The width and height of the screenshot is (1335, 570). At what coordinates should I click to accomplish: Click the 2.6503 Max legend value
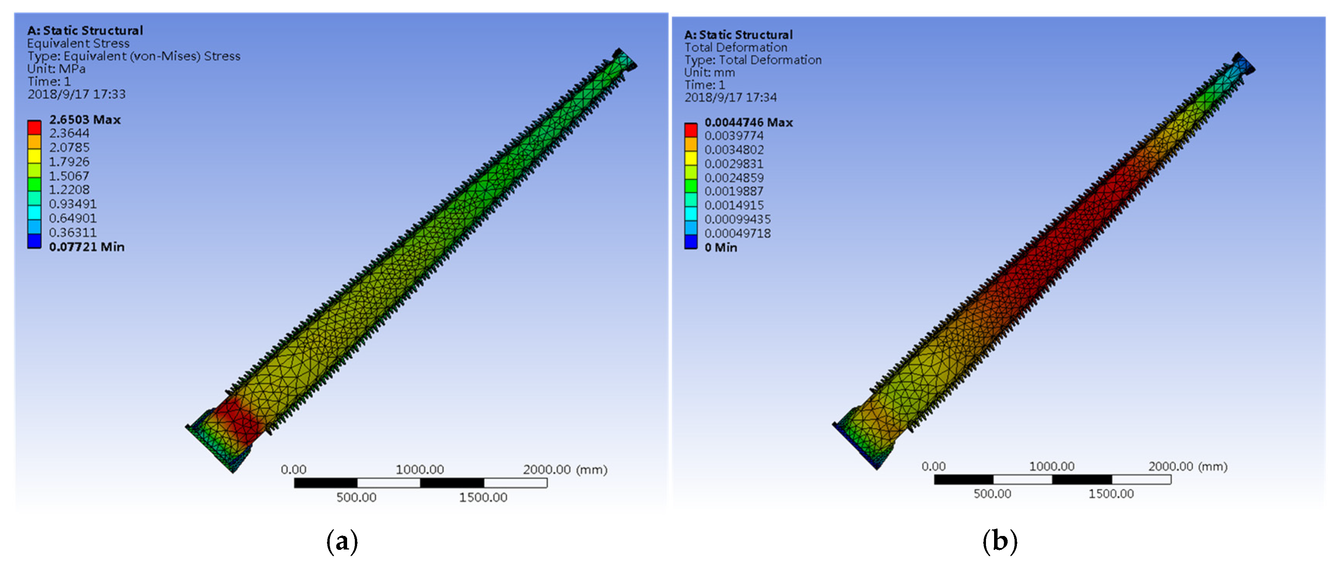point(85,119)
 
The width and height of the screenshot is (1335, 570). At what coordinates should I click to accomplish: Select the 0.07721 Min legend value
point(87,247)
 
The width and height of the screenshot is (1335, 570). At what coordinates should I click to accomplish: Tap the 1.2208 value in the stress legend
point(69,190)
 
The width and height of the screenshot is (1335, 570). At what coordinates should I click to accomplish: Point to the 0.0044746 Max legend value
point(748,123)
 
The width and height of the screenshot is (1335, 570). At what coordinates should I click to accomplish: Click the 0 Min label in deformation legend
point(721,247)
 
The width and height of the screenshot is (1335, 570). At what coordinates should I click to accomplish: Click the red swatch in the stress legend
point(34,127)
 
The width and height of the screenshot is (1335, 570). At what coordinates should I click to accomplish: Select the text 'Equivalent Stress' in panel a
point(78,43)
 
